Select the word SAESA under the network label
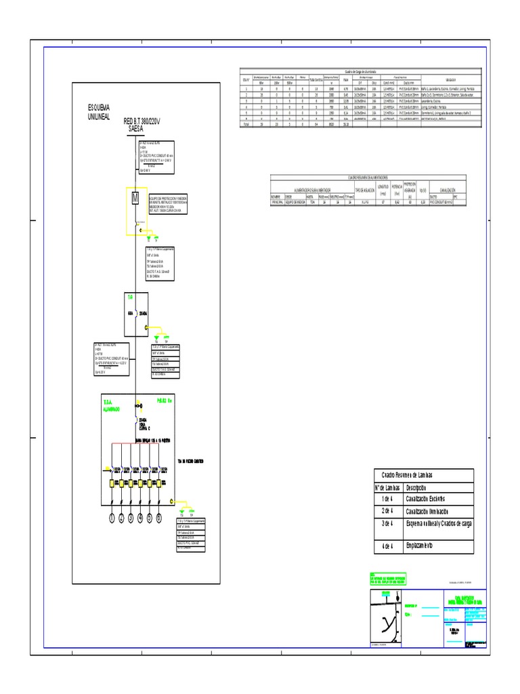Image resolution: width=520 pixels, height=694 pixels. coord(137,129)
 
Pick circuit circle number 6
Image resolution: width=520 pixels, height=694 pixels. coord(159,518)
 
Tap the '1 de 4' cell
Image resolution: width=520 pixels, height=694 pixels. coord(387,499)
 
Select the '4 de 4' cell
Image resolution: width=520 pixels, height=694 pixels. coord(387,546)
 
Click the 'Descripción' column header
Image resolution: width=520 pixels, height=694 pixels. coord(418,487)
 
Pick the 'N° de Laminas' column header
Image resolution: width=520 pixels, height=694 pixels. coord(388,487)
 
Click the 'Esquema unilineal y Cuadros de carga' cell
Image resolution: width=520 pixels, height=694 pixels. coord(437,523)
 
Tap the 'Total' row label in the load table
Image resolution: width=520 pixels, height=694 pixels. coord(246,125)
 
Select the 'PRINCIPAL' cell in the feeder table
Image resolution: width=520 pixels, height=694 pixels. coord(280,202)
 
